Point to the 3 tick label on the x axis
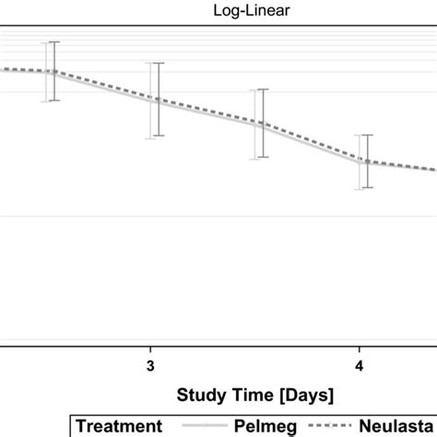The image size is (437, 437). [150, 365]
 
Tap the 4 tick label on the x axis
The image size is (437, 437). [360, 365]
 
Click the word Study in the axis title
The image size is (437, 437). [197, 395]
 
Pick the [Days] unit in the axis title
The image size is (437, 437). [303, 395]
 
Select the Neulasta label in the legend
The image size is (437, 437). [402, 425]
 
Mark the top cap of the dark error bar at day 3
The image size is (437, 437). [158, 64]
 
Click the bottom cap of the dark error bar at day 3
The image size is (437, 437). [158, 136]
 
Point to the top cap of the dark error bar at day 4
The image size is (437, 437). [368, 135]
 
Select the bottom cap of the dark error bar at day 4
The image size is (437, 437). [368, 188]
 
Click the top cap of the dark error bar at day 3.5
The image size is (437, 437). [264, 89]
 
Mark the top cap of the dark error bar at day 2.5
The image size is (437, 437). [53, 42]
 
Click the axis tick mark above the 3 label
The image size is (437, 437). [150, 349]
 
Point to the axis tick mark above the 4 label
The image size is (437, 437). [360, 349]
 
